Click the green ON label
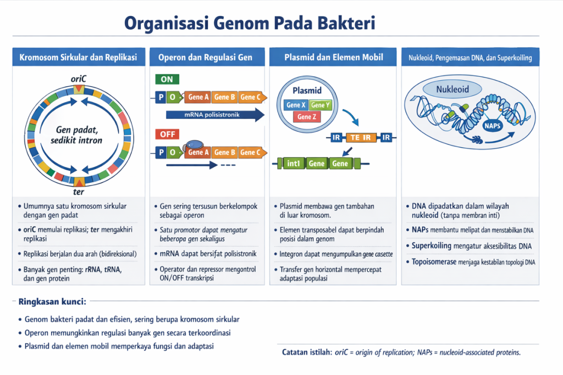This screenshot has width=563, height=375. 167,80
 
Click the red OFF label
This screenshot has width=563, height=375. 167,134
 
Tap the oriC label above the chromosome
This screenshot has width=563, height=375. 79,79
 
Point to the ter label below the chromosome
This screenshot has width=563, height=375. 79,192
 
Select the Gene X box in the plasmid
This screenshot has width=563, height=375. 295,105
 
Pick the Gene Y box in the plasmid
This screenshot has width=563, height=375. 320,105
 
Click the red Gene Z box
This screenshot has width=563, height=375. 307,116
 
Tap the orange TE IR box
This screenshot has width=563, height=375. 361,137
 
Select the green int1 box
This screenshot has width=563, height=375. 292,163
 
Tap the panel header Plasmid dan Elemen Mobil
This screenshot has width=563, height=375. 333,58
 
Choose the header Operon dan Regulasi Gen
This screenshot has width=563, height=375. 205,58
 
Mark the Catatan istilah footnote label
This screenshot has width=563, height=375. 306,352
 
